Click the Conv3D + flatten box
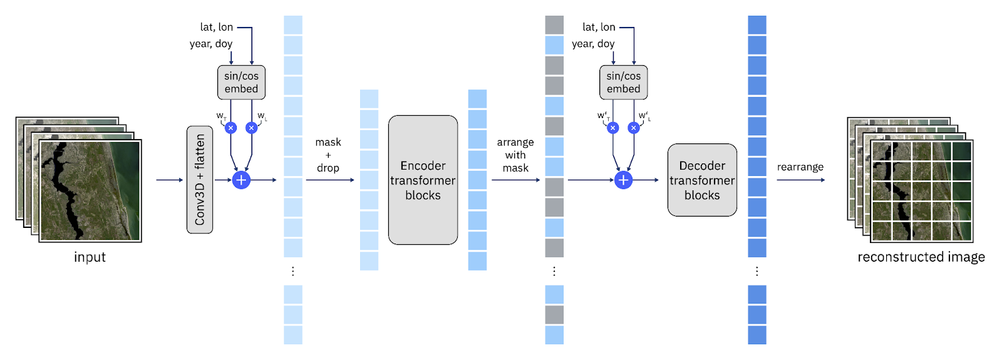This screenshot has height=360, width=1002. click(200, 180)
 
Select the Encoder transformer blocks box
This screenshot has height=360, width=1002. click(423, 180)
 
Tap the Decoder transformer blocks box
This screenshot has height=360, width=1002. click(702, 180)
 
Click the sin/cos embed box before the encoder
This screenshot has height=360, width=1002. click(241, 82)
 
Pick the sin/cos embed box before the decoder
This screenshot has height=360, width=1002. click(623, 82)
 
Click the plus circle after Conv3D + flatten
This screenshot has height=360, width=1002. click(241, 180)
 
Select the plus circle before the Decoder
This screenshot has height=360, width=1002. click(623, 180)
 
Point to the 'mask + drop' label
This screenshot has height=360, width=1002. click(328, 155)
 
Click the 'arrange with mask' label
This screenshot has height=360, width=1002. click(515, 155)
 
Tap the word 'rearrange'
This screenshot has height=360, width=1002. click(800, 167)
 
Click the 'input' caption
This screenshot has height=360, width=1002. click(90, 257)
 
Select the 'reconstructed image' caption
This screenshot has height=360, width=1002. click(921, 257)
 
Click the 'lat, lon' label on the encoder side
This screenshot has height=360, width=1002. click(217, 27)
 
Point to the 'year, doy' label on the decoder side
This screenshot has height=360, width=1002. click(593, 44)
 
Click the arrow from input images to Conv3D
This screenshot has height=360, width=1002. click(169, 180)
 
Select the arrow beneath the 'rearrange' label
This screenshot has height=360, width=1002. click(800, 180)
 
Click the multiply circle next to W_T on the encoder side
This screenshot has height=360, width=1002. click(230, 128)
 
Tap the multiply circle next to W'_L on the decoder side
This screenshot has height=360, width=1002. click(634, 128)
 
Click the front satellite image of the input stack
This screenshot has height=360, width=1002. click(90, 190)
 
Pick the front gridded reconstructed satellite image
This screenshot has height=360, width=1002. click(921, 191)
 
